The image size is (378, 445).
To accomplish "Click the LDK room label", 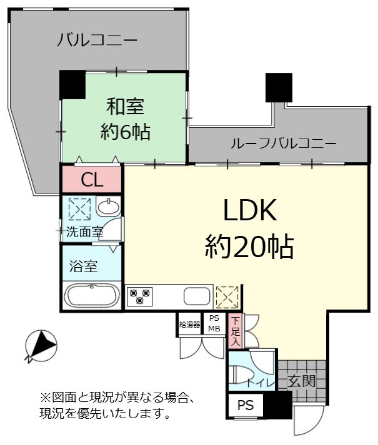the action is point(250,210).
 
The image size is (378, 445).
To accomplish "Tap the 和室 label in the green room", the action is point(126,107).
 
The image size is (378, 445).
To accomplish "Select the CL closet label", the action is point(92,180).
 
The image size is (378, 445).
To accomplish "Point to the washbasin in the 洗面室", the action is point(108,206).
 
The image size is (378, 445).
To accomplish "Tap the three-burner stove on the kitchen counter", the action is point(139,296).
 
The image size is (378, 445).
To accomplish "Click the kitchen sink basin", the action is point(197,296).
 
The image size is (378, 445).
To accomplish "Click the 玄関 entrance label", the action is point(302,381).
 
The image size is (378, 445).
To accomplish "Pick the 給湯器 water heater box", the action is point(189,325).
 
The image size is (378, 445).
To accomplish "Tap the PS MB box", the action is point(214,324).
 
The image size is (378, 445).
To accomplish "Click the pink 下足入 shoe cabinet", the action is point(236,331).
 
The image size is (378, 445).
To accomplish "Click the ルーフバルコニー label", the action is point(284,144).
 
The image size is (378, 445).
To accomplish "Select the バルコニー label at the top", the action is point(97,40).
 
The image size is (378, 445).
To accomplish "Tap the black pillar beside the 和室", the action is point(72,85).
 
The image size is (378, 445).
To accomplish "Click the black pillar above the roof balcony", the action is point(279,87).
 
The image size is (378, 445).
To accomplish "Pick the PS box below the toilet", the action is point(246,406).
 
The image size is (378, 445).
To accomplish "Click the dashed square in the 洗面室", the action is point(79,209).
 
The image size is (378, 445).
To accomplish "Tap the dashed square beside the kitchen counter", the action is point(227,297).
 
